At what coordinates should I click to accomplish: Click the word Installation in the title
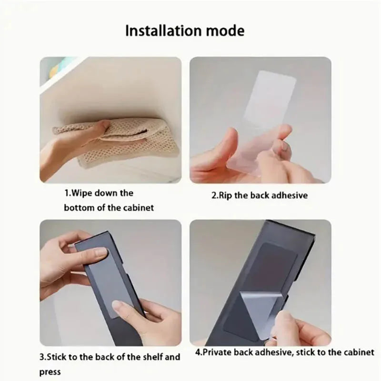coord(160,30)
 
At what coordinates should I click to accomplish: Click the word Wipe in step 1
coord(82,194)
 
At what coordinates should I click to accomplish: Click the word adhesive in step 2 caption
coord(288,195)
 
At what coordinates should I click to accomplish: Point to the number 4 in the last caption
coord(198,352)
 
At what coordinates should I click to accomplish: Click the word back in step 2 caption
coord(256,195)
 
